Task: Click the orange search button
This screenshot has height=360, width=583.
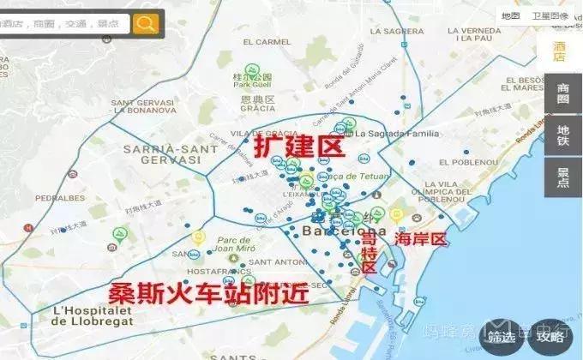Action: [147, 23]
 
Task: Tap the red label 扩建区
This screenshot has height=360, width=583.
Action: [298, 147]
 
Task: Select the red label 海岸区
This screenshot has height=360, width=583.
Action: [420, 240]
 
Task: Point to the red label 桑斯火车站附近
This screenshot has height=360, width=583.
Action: [207, 291]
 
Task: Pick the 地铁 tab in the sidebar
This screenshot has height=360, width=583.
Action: [562, 135]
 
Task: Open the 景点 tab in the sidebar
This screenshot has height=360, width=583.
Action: [562, 177]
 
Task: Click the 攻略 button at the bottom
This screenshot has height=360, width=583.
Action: [550, 337]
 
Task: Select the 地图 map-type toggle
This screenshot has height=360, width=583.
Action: [511, 15]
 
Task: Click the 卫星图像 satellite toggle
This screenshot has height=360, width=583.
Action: [550, 15]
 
